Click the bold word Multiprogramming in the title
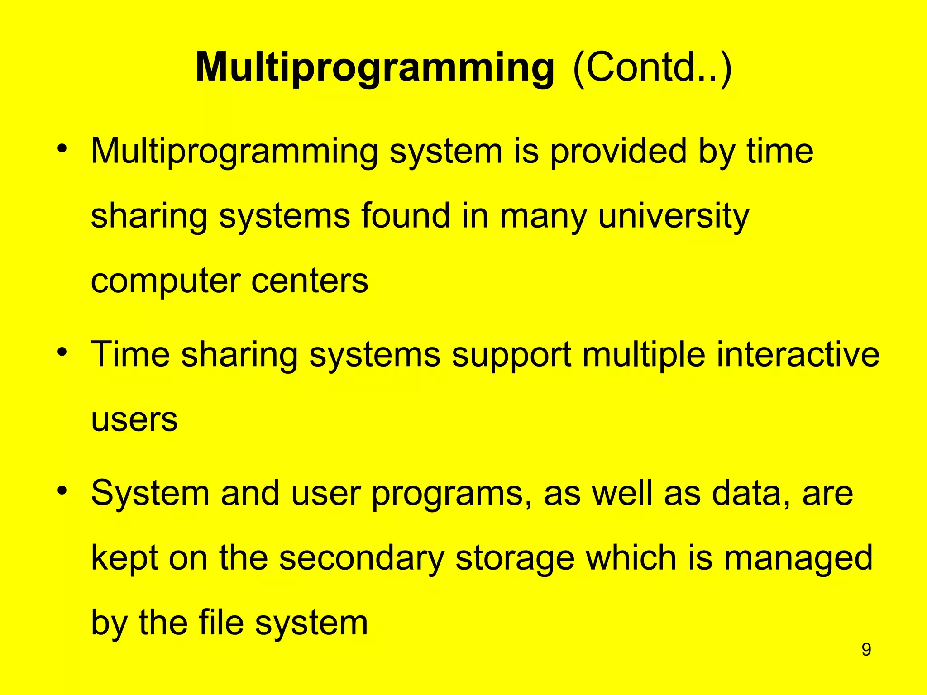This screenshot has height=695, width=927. click(375, 68)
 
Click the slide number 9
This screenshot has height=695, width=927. click(866, 650)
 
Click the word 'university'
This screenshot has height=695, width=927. click(674, 216)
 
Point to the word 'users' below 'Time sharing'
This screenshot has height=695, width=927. click(134, 420)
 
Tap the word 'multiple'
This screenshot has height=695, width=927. click(644, 354)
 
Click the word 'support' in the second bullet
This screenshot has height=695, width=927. click(511, 355)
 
